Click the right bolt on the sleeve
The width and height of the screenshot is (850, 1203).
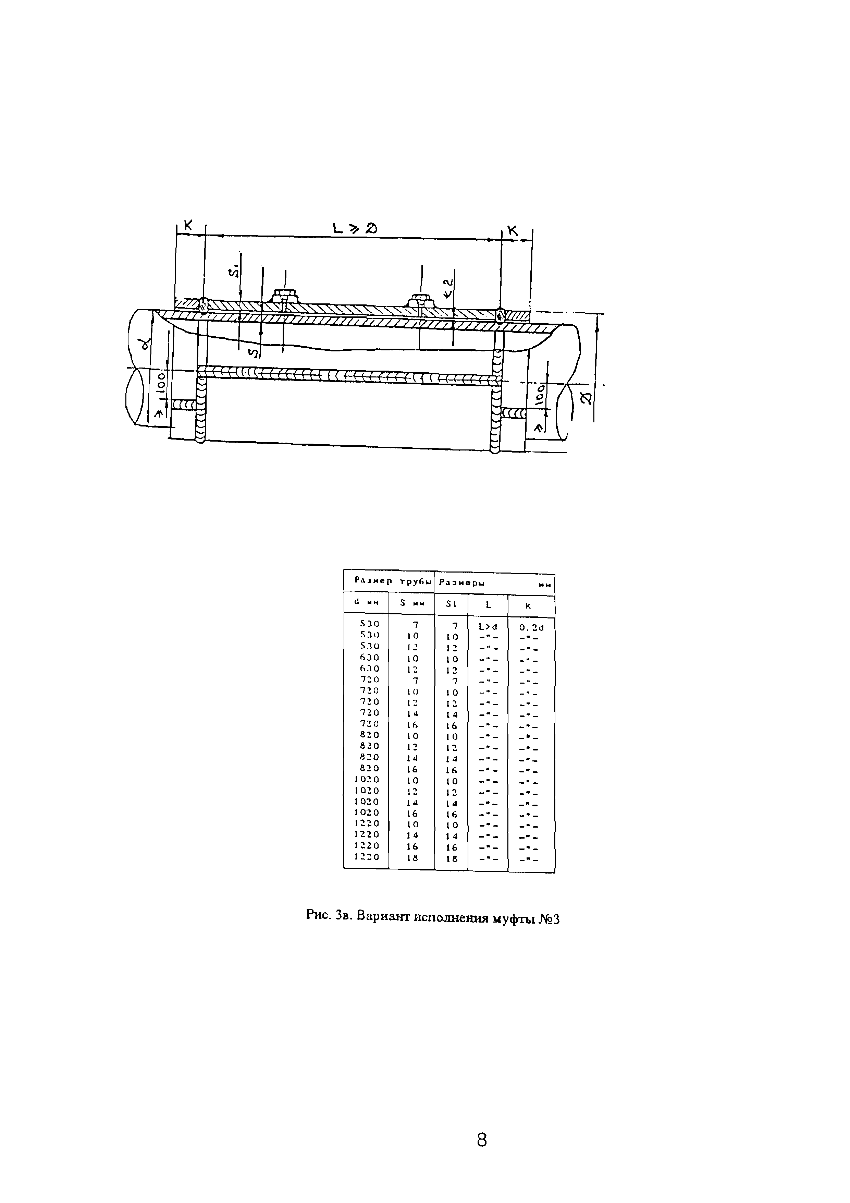pyautogui.click(x=422, y=300)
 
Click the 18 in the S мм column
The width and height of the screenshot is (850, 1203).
pyautogui.click(x=412, y=858)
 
